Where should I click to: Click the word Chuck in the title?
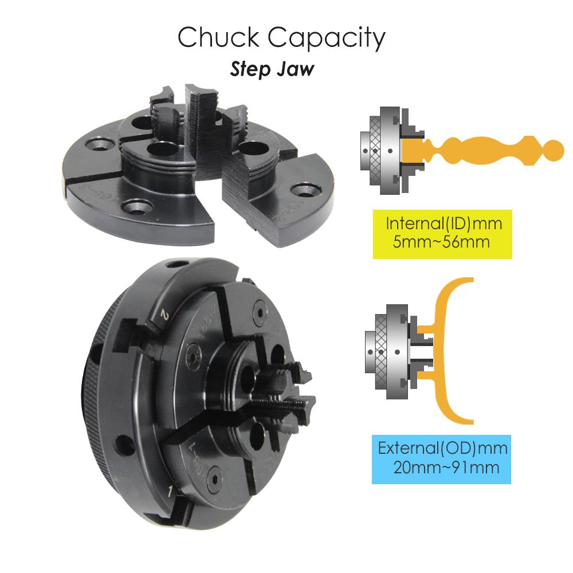pos(217,38)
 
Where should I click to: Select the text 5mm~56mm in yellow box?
pos(441,241)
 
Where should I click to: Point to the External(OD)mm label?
pos(443,448)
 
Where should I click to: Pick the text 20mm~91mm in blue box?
pos(446,467)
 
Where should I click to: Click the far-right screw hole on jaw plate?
pos(300,189)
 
